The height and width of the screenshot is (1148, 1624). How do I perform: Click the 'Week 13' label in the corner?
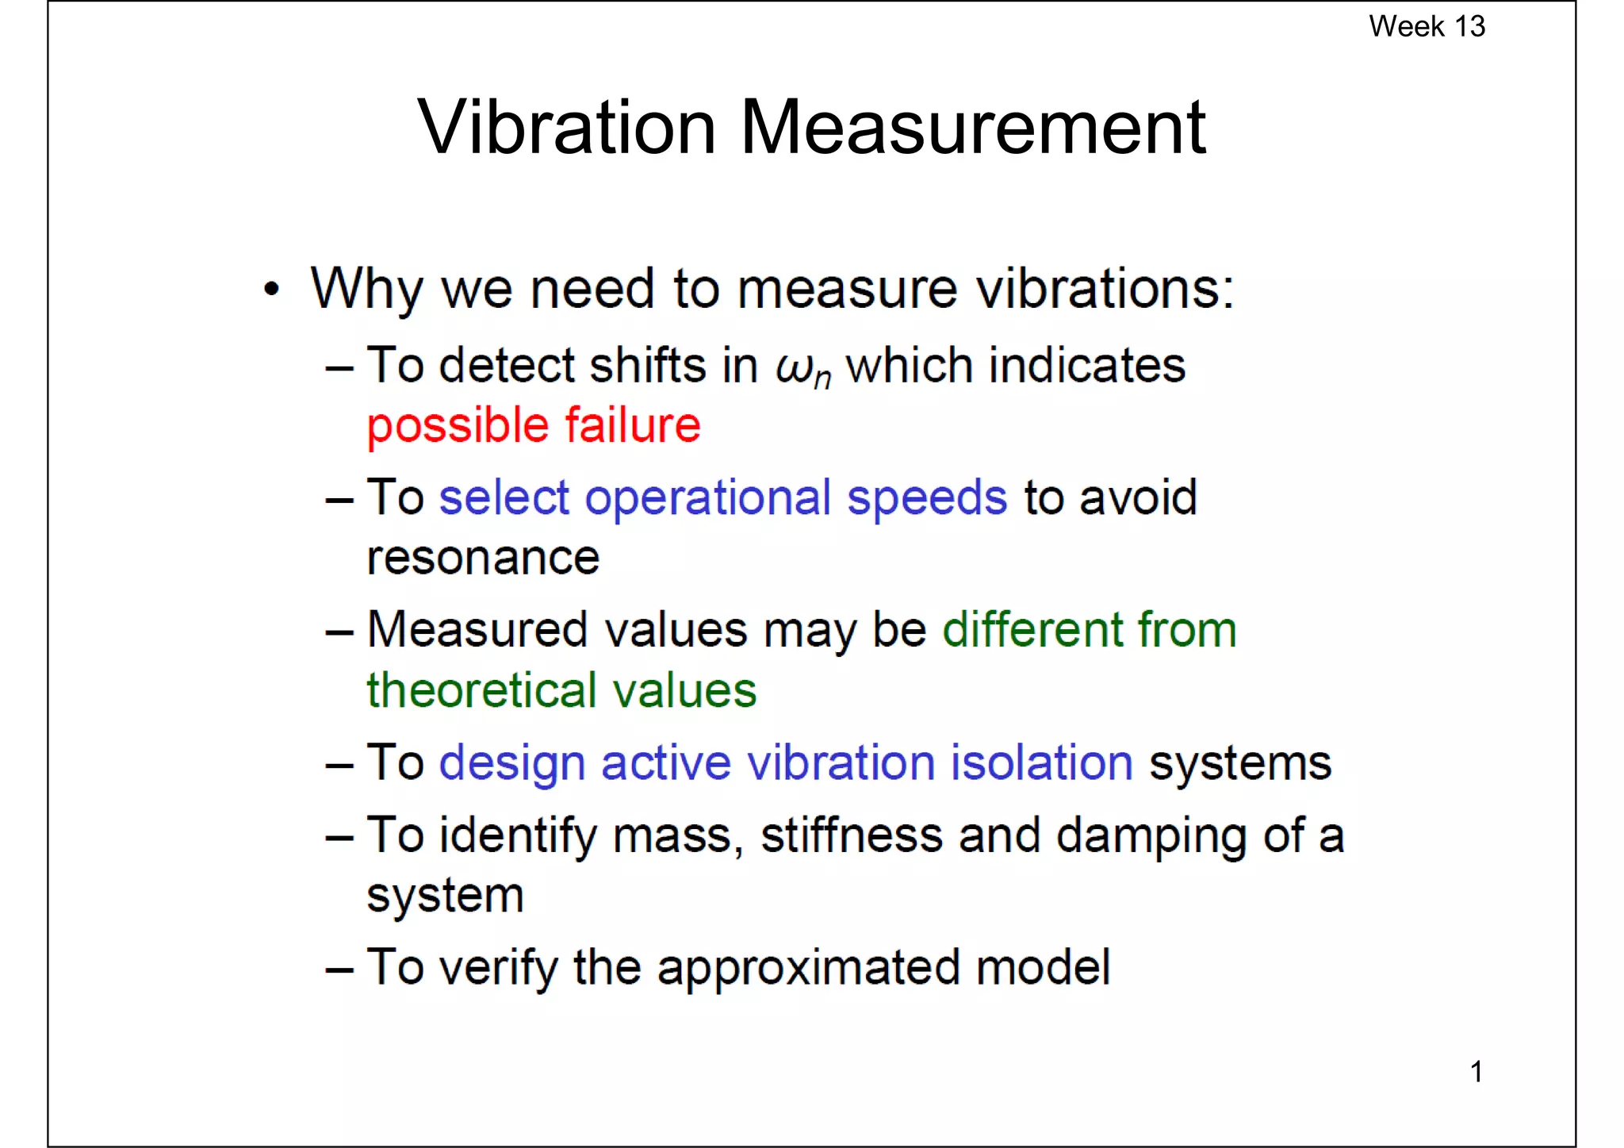tap(1427, 26)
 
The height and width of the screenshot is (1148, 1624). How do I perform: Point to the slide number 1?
tap(1476, 1072)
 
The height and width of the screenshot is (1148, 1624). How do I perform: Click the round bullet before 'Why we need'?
tap(272, 290)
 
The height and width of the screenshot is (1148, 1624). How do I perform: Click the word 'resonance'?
tap(483, 559)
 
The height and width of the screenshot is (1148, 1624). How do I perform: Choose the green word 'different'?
tap(1033, 630)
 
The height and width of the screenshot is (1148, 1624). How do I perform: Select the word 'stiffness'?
tap(851, 835)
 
